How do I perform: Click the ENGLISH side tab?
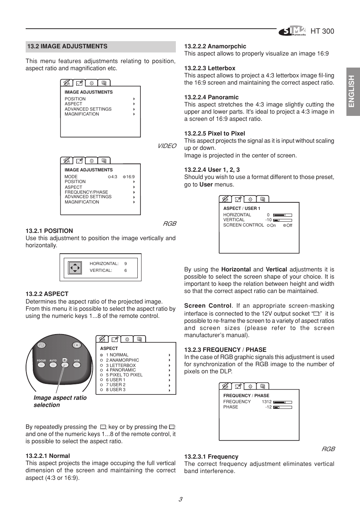(x=353, y=91)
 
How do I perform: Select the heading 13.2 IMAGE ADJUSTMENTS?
(x=67, y=46)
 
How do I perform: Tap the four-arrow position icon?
(x=75, y=268)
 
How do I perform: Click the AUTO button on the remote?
(x=53, y=365)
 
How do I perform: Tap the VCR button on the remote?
(x=77, y=365)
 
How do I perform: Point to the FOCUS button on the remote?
(x=41, y=365)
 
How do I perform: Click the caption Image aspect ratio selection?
(x=60, y=401)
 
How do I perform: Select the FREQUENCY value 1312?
(x=266, y=402)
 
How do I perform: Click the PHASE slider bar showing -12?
(x=283, y=407)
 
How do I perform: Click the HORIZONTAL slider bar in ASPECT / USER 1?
(x=283, y=215)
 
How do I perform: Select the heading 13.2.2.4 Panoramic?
(x=211, y=97)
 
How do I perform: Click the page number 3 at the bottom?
(x=180, y=499)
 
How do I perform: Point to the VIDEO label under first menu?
(x=167, y=146)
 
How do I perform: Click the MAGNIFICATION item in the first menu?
(x=82, y=114)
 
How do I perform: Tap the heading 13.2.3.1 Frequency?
(x=211, y=457)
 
